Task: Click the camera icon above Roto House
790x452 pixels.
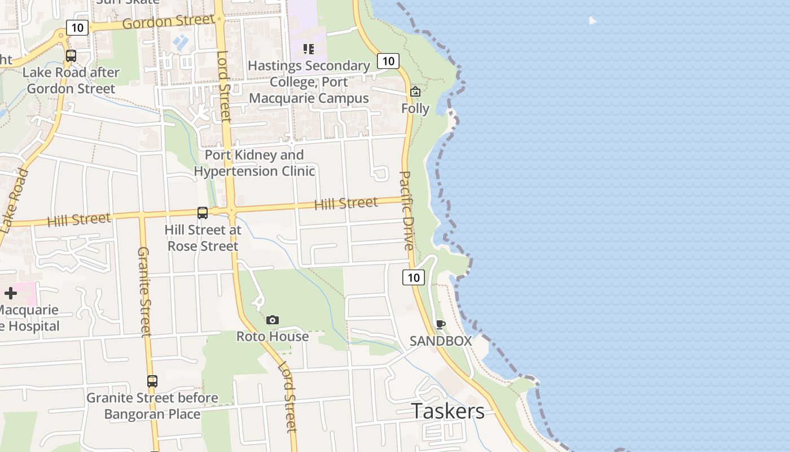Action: pos(273,320)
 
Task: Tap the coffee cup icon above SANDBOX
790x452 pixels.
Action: pos(441,324)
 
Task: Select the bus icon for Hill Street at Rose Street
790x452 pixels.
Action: pos(203,213)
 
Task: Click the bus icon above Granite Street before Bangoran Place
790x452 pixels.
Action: pos(152,381)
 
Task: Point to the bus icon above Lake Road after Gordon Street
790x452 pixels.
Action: pos(71,56)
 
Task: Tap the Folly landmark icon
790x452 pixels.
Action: pos(415,91)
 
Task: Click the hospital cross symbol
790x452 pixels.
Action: pos(11,293)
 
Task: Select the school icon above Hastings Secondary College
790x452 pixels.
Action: pos(308,49)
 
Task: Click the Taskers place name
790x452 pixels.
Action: pos(447,411)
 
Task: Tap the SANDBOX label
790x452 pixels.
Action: pos(441,341)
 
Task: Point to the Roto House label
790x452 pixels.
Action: pos(273,337)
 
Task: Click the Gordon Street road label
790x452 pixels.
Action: pos(168,22)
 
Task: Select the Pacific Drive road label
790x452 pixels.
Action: pos(406,210)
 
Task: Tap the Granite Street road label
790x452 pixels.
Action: pos(144,292)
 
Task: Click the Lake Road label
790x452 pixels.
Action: pos(14,201)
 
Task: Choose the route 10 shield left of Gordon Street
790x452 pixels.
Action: pos(77,27)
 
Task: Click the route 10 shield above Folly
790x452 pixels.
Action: pos(388,61)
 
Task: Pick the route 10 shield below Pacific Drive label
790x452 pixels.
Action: pos(414,277)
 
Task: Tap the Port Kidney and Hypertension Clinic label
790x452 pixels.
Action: pos(254,163)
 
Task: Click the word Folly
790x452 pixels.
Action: pos(415,108)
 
